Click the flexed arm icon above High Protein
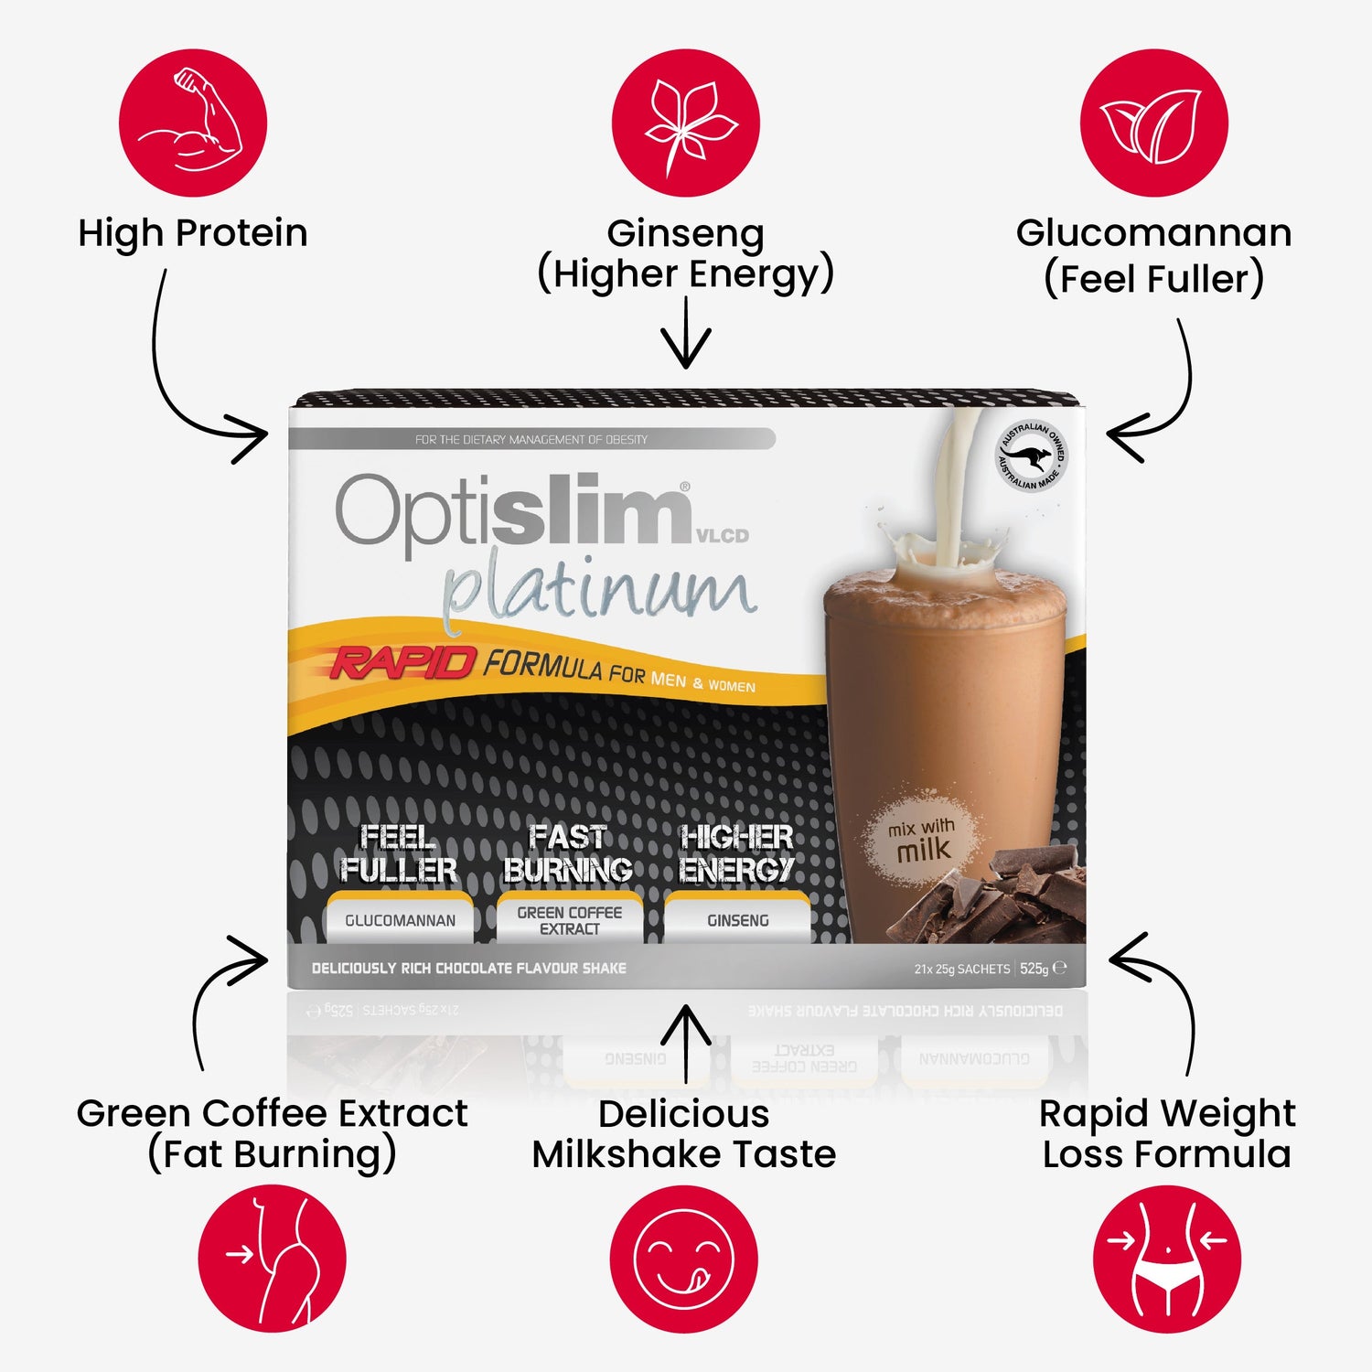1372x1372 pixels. point(192,123)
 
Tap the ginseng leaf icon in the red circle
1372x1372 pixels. point(685,123)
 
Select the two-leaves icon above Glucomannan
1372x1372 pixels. point(1152,123)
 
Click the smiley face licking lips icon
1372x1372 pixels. point(683,1259)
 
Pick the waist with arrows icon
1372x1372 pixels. point(1166,1259)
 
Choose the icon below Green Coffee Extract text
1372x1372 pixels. point(273,1259)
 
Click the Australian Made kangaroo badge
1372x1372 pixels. point(1031,456)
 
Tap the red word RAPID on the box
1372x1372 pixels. point(402,661)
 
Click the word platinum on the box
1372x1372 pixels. point(599,590)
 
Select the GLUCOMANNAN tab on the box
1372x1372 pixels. point(400,920)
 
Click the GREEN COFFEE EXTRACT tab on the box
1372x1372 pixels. point(569,920)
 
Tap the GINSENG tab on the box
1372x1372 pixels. point(737,920)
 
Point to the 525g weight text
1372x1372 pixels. point(1034,969)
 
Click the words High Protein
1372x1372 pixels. point(192,233)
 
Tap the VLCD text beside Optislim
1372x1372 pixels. point(723,536)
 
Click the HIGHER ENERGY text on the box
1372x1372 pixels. point(736,852)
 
